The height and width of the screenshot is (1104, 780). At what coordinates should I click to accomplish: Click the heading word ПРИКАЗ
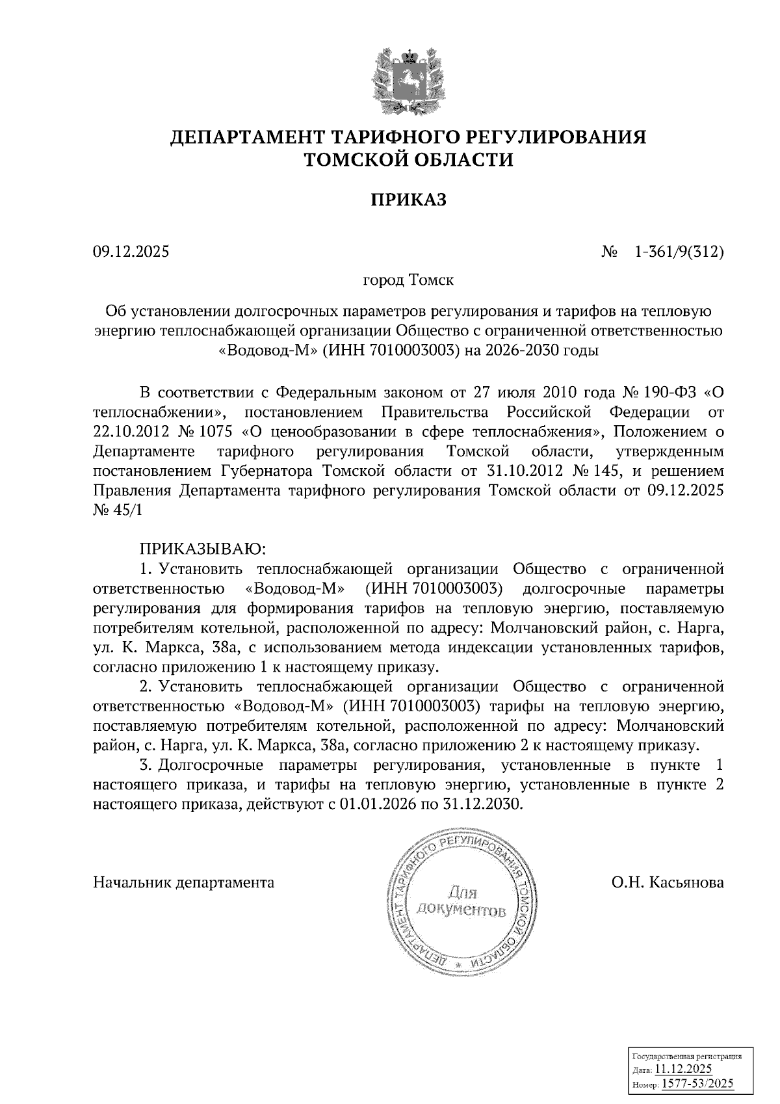tap(409, 200)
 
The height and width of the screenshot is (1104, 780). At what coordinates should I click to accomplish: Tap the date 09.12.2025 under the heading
tap(131, 251)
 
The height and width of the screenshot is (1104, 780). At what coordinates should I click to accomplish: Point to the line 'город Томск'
tap(408, 281)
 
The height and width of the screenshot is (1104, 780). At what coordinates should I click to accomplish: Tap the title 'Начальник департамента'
tap(184, 882)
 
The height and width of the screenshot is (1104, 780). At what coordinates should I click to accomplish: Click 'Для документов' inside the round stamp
tap(461, 900)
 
